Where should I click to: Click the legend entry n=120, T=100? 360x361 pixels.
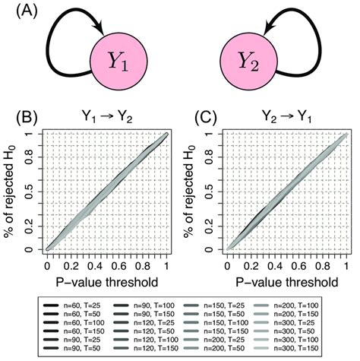[141, 335]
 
